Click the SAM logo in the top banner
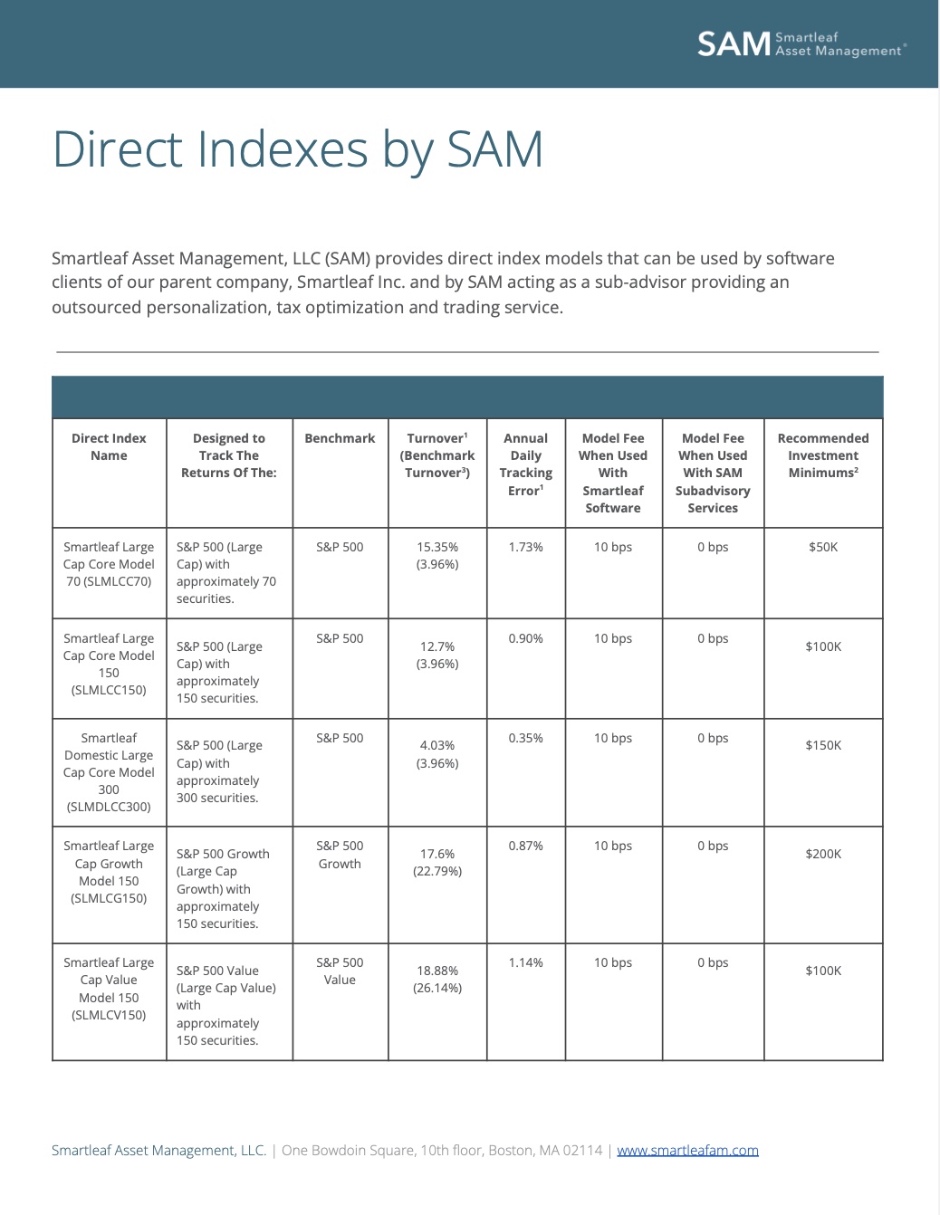pos(801,43)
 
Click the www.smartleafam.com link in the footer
pos(687,1150)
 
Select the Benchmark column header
pos(340,438)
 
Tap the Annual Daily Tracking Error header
pos(525,464)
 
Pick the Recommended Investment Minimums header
pos(822,454)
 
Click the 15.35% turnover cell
pos(437,555)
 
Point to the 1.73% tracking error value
pos(525,547)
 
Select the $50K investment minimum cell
pos(822,547)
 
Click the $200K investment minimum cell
pos(822,854)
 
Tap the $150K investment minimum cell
pos(822,745)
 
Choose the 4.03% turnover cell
pos(437,753)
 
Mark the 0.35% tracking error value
pos(525,738)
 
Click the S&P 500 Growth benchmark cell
pos(340,855)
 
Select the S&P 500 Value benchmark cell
pos(340,971)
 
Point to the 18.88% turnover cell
pos(437,979)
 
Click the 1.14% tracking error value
pos(525,962)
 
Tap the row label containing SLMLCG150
pos(109,872)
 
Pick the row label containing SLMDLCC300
pos(109,772)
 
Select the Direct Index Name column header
pos(109,446)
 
